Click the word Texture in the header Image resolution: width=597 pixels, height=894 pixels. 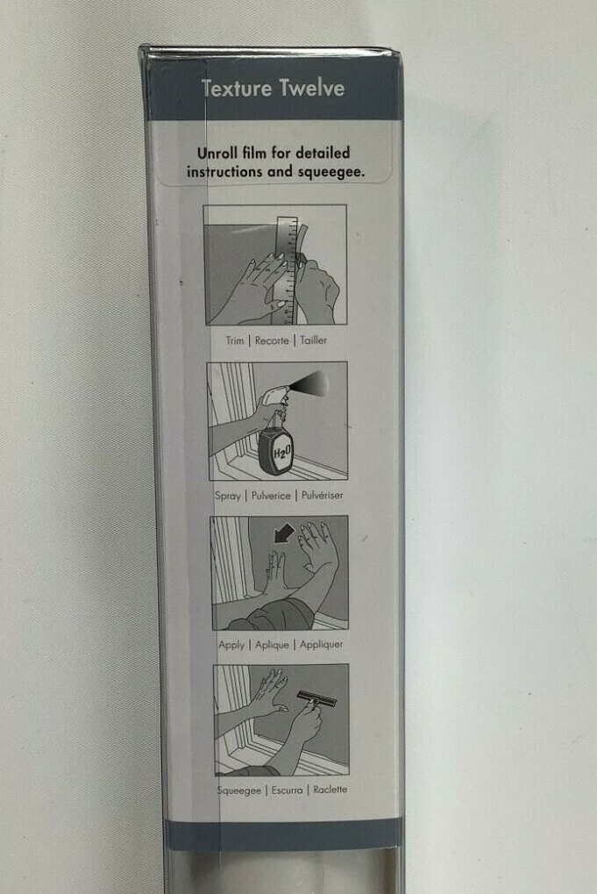point(237,89)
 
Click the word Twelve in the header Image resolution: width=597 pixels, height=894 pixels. point(311,89)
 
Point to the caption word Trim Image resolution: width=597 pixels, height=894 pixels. point(235,340)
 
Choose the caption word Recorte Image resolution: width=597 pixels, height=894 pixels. point(272,340)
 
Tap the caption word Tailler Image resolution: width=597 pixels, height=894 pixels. point(313,340)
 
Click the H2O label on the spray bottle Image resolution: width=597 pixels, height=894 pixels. point(282,454)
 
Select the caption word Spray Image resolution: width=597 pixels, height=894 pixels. point(227,496)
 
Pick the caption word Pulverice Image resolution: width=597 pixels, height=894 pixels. point(271,496)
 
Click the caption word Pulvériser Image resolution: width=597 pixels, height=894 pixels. point(323,495)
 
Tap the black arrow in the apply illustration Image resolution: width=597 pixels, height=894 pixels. point(284,533)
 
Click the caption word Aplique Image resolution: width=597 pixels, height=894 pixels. point(272,645)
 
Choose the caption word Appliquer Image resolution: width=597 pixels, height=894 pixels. point(321,644)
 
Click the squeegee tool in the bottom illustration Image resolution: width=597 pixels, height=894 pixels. point(316,699)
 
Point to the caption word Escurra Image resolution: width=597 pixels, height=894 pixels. point(287,790)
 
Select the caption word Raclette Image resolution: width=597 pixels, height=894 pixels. point(330,790)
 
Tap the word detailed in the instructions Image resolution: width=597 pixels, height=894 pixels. point(323,153)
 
